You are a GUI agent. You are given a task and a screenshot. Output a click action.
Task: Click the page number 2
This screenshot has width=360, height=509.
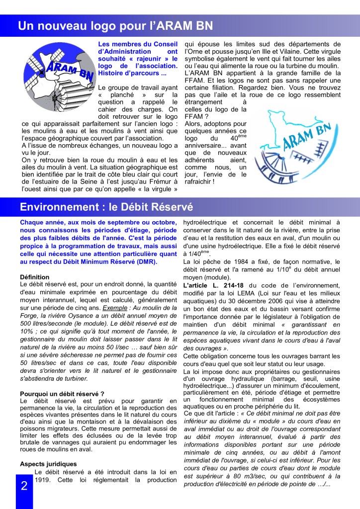pos(24,486)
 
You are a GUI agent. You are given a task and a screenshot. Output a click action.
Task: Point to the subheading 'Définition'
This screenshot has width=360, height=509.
pos(35,277)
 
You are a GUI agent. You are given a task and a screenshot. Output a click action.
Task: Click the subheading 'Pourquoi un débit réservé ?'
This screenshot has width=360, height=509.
pos(62,394)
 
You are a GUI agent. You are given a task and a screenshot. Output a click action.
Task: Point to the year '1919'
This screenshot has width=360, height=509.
pos(43,480)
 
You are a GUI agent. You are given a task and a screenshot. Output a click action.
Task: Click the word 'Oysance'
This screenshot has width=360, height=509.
pos(81,316)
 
